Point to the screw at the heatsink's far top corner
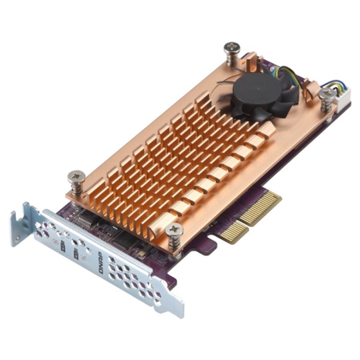coord(233,48)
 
